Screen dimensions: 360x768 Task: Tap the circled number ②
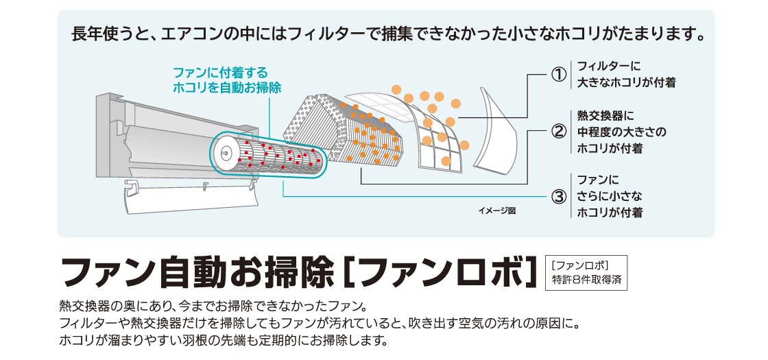(559, 131)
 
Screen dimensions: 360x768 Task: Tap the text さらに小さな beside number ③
(610, 197)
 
